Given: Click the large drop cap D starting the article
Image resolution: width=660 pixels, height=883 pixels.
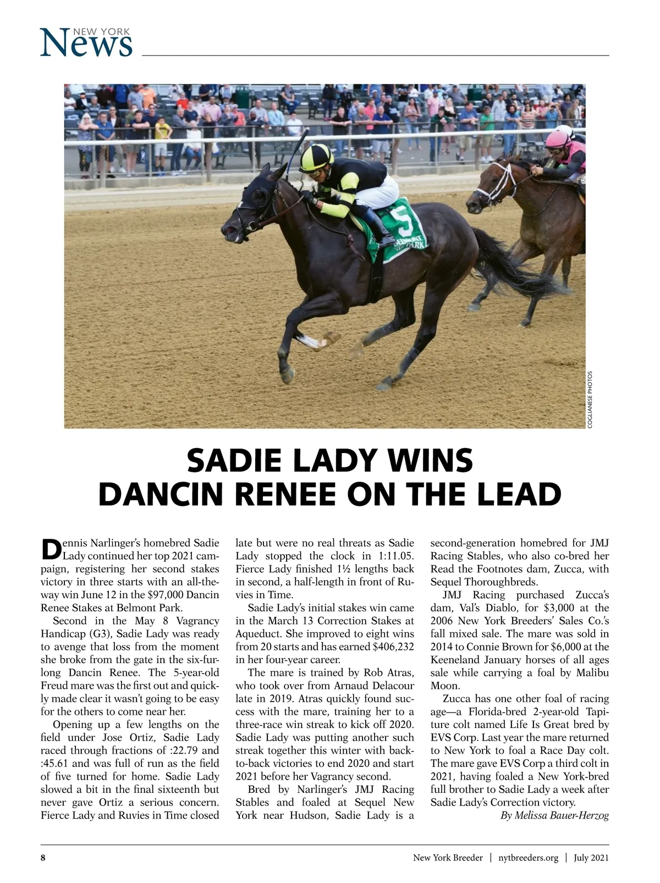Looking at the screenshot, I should click(x=51, y=548).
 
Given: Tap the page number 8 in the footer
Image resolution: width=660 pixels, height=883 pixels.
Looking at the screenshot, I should click(x=43, y=858).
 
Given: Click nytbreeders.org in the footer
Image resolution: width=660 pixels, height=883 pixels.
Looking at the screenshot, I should click(x=528, y=858).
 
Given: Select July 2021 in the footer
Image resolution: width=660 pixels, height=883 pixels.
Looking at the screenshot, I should click(x=591, y=858).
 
